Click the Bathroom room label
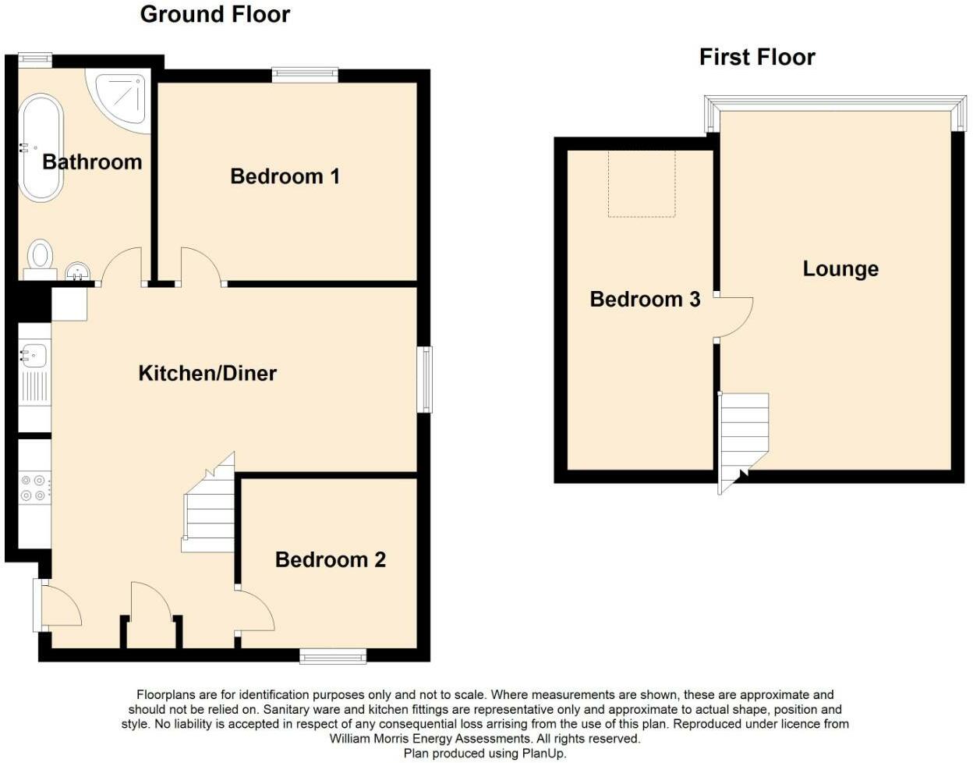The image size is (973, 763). coord(92,161)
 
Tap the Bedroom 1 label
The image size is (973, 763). coord(285,176)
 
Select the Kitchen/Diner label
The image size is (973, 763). coord(207,373)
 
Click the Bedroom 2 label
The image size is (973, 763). coord(330,559)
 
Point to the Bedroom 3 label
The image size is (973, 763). coord(645,299)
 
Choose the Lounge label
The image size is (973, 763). coord(840,268)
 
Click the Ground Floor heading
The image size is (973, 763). coord(215,14)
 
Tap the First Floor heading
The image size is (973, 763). coord(757,57)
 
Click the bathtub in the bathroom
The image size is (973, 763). coord(41,147)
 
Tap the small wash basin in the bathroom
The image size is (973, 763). coord(78,271)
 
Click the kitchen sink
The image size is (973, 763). coord(34,356)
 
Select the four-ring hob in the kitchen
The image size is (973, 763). coord(34,488)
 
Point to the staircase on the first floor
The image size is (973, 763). coord(743,437)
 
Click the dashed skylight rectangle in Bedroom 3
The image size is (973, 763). coord(641,183)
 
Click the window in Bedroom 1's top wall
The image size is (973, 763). coord(305,75)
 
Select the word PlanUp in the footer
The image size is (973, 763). coord(543,754)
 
